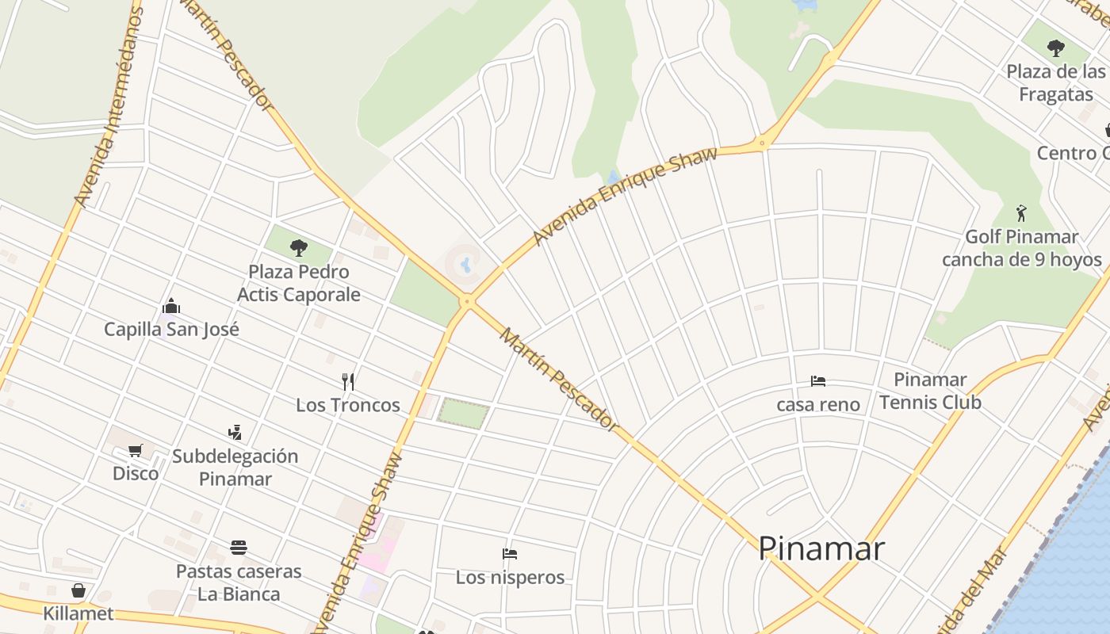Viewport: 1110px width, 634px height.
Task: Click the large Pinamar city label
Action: click(821, 548)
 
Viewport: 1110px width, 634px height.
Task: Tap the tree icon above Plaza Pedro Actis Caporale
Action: click(298, 248)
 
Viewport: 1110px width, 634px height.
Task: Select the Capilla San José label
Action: click(171, 329)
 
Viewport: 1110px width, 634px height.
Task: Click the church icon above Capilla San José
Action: click(170, 306)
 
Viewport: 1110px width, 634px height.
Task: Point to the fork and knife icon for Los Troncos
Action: click(347, 382)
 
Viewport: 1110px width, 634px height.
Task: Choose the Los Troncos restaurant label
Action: click(347, 405)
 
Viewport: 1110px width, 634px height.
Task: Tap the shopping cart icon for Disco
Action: click(136, 451)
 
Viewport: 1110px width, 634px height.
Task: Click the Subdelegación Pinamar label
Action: click(235, 468)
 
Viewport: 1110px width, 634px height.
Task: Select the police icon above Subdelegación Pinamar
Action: click(234, 433)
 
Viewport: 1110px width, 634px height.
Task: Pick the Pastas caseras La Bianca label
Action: click(239, 582)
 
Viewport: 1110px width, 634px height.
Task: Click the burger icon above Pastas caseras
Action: click(239, 548)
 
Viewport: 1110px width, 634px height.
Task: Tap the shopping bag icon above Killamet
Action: click(78, 590)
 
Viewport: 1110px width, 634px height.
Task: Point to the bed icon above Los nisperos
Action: click(510, 554)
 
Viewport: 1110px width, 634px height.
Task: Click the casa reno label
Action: click(818, 404)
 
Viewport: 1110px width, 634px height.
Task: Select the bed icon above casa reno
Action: click(818, 381)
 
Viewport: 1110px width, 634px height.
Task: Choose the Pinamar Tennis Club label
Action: click(930, 391)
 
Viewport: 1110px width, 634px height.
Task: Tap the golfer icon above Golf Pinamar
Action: click(1021, 213)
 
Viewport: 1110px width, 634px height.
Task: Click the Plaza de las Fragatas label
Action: click(1055, 82)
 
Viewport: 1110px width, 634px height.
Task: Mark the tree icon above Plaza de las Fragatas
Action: click(1055, 48)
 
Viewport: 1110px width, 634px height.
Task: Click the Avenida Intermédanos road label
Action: click(109, 107)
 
